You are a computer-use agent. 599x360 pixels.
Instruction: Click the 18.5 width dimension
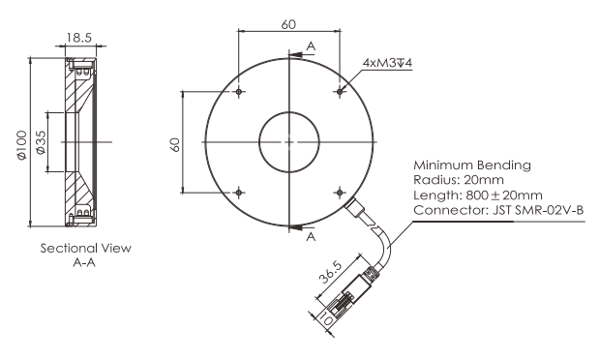(79, 38)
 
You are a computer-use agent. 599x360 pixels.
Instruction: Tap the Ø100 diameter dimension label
(22, 145)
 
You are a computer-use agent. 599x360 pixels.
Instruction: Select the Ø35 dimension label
(41, 142)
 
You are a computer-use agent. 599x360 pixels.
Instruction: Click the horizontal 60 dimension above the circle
(288, 24)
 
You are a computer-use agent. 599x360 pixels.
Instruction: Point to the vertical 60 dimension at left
(174, 145)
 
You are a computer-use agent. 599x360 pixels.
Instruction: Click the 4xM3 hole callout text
(387, 63)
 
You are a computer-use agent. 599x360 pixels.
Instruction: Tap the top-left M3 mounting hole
(239, 92)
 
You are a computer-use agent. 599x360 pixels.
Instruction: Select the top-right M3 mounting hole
(340, 92)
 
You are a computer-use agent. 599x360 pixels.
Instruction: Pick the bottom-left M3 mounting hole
(239, 193)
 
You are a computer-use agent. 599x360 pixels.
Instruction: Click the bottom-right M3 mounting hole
(340, 193)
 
